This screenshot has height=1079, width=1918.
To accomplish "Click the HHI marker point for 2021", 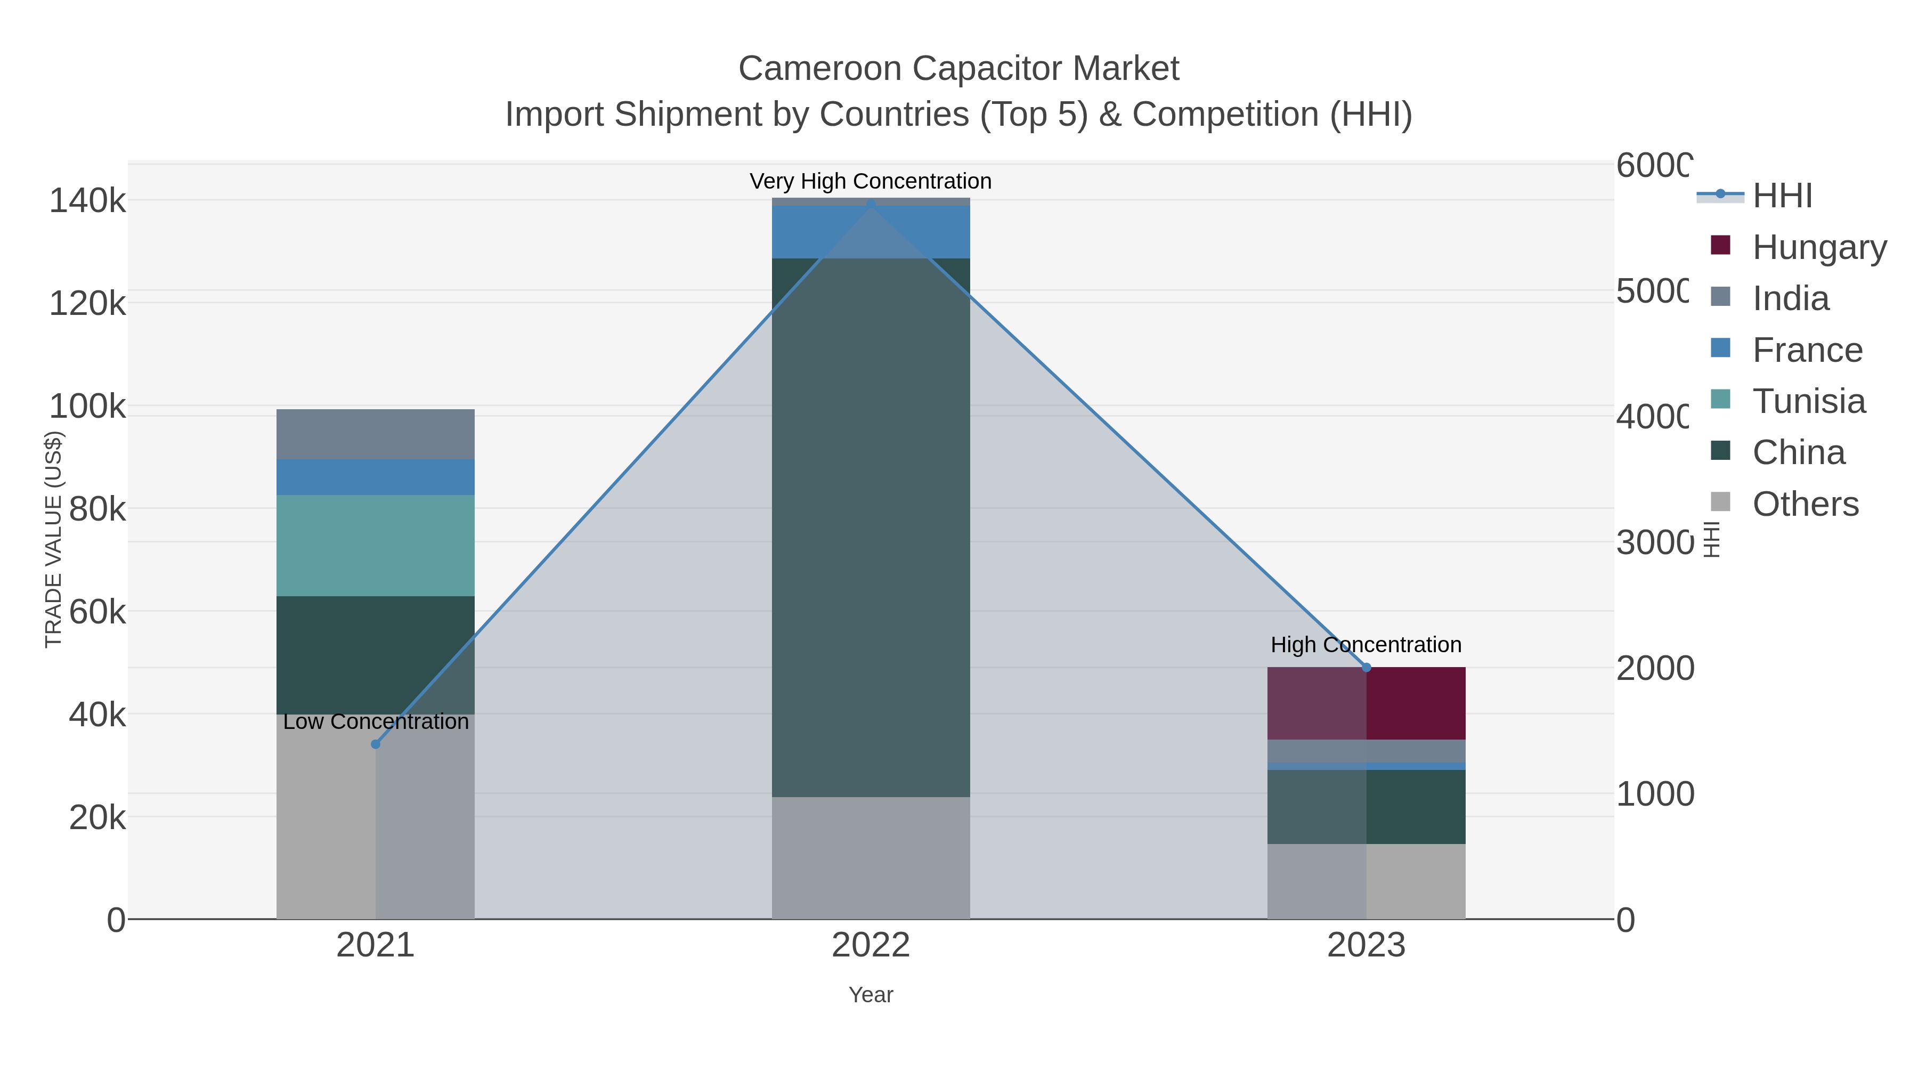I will pyautogui.click(x=375, y=744).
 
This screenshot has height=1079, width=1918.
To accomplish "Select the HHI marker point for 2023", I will pyautogui.click(x=1366, y=667).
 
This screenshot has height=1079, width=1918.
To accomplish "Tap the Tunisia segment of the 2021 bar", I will pyautogui.click(x=375, y=545).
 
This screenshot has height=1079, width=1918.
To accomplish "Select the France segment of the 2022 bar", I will pyautogui.click(x=871, y=232).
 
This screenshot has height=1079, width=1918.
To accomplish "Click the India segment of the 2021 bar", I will pyautogui.click(x=375, y=434).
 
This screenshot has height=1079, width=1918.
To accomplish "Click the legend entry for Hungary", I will pyautogui.click(x=1819, y=247).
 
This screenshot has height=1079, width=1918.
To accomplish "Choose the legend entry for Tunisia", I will pyautogui.click(x=1809, y=401).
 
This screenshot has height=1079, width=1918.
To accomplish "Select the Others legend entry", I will pyautogui.click(x=1805, y=504).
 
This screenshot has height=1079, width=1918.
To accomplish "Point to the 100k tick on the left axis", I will pyautogui.click(x=87, y=407).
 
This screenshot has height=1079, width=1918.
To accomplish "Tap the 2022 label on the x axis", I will pyautogui.click(x=871, y=945).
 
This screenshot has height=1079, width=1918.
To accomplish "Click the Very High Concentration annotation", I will pyautogui.click(x=871, y=181).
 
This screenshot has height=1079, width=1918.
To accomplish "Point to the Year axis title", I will pyautogui.click(x=871, y=995).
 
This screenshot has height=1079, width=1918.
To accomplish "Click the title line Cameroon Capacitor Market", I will pyautogui.click(x=958, y=69).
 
